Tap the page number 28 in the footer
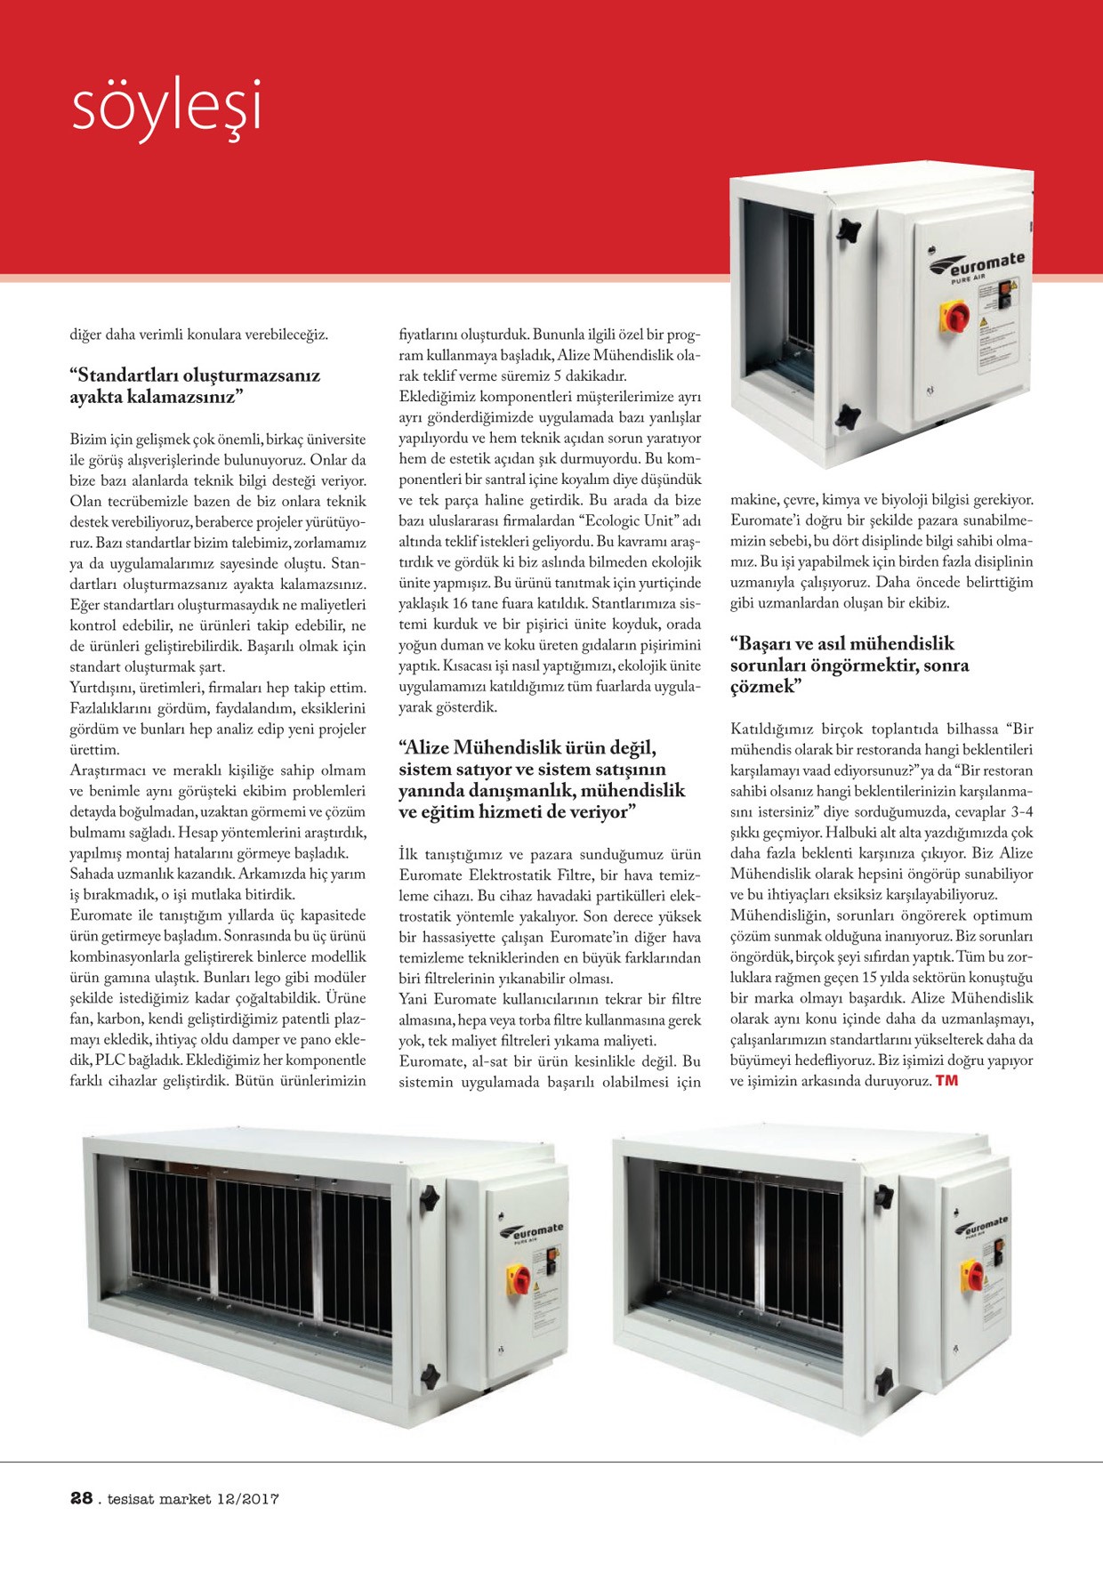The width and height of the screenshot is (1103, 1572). pos(82,1498)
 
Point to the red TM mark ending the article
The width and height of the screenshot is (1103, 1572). pos(946,1081)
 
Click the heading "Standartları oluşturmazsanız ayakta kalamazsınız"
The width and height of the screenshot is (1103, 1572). pos(195,386)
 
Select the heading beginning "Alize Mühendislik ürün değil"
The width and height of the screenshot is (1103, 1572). pos(542,779)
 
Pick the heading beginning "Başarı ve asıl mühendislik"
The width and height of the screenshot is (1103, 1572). pos(849,665)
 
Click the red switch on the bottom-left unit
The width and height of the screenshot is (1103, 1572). pos(519,1279)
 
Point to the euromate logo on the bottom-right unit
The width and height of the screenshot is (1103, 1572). pos(982,1227)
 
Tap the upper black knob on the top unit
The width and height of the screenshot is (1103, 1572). pos(848,230)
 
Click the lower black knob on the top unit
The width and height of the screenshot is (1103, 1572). pos(848,415)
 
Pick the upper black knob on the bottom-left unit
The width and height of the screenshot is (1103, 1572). pos(431,1198)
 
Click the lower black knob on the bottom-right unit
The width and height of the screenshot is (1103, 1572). pos(883,1382)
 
